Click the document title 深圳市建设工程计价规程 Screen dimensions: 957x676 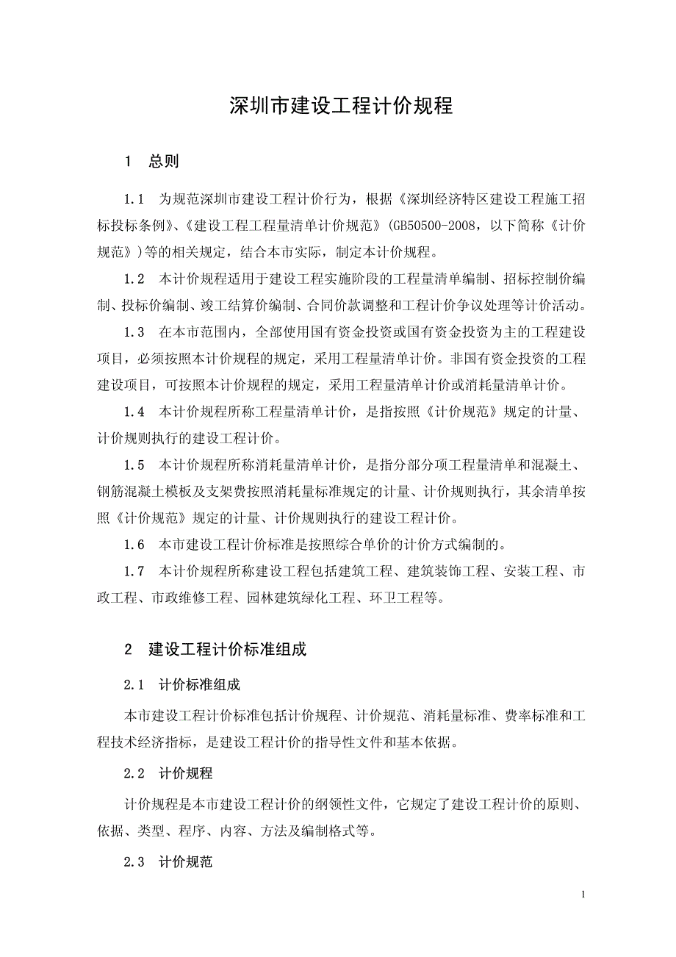click(341, 106)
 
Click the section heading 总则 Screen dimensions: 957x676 click(163, 161)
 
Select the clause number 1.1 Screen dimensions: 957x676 click(134, 199)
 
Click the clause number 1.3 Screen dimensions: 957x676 click(134, 332)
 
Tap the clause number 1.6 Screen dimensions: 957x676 click(134, 545)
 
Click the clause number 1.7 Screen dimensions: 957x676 click(134, 571)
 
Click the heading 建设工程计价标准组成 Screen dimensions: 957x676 click(227, 650)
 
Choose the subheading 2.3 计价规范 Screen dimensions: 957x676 click(169, 861)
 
